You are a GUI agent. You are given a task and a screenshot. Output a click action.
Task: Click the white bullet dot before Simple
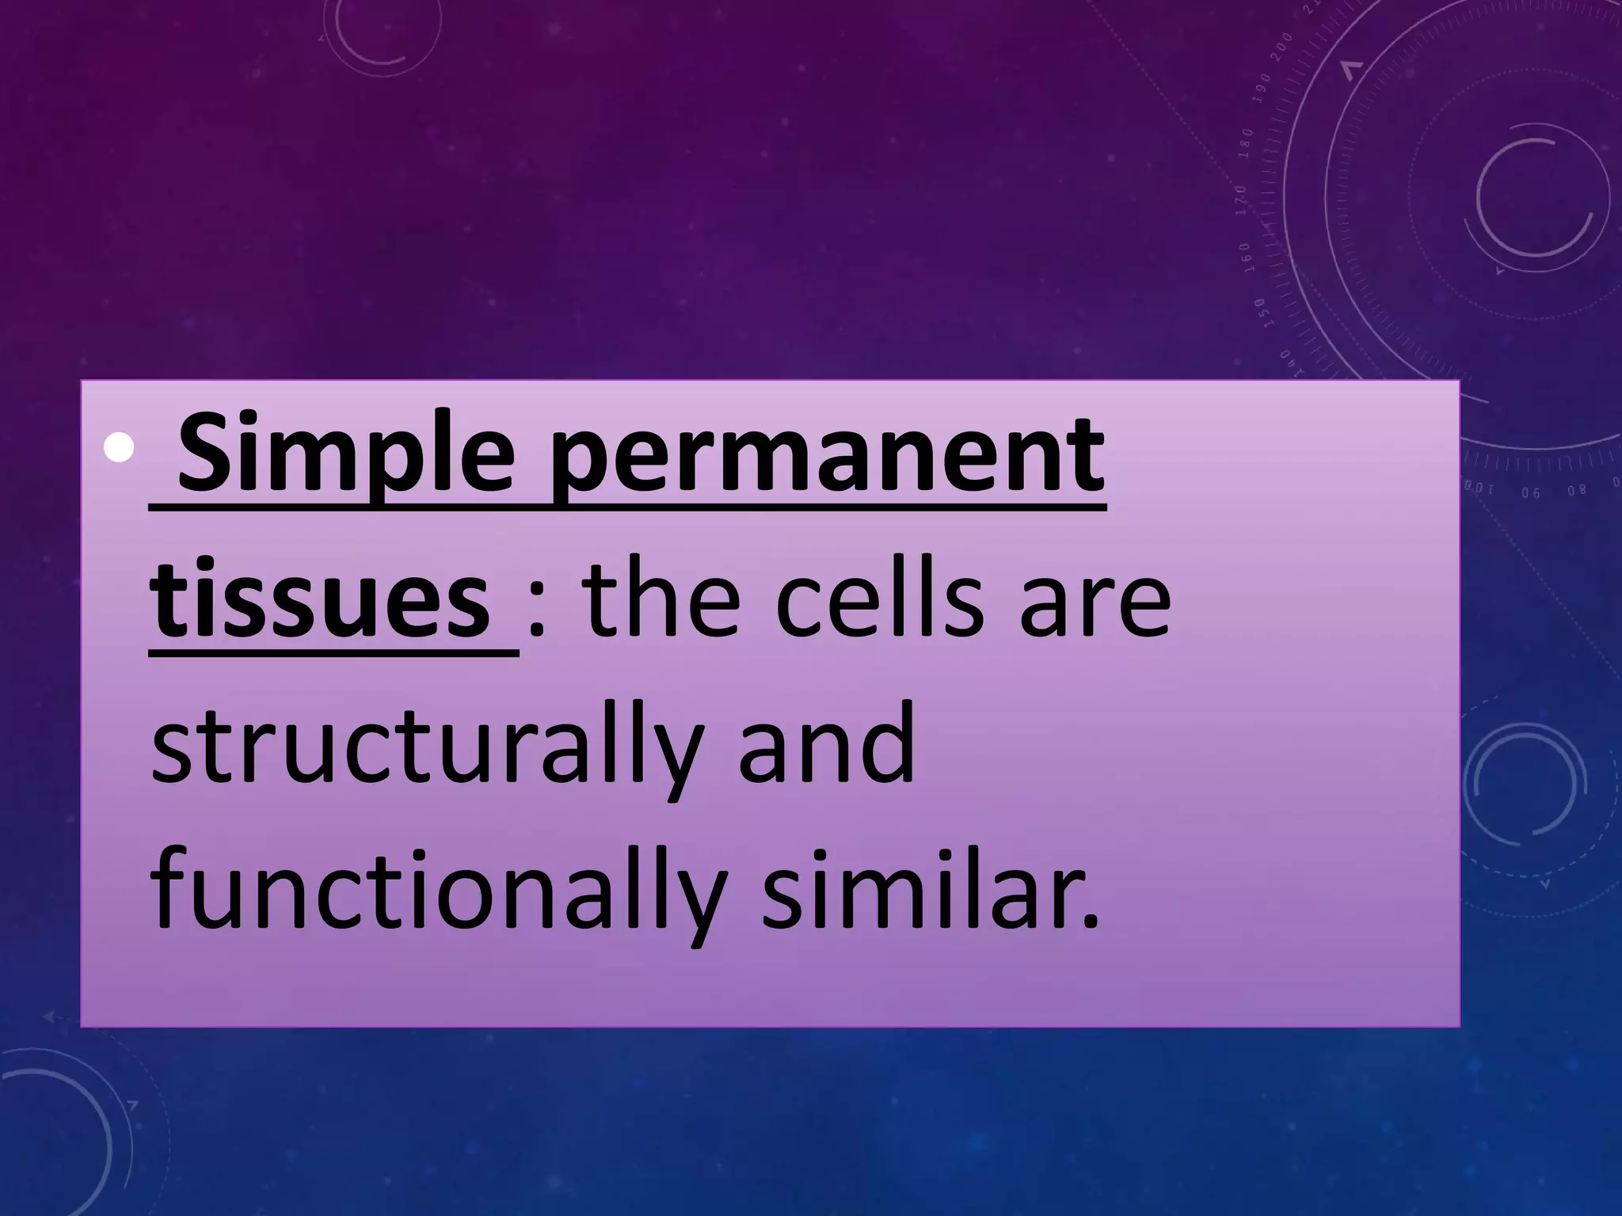coord(120,450)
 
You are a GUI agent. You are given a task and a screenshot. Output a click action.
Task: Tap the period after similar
coord(1091,920)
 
